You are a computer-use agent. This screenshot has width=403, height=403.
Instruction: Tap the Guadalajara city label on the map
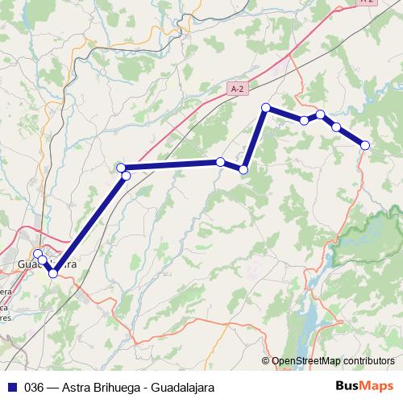click(x=48, y=264)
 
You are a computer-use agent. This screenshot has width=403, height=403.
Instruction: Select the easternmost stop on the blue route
click(x=365, y=145)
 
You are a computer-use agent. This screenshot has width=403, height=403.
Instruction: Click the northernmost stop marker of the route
click(x=265, y=107)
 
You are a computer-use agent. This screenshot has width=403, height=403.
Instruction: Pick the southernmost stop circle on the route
click(x=53, y=274)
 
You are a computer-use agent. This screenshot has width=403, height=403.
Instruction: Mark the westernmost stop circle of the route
click(x=37, y=254)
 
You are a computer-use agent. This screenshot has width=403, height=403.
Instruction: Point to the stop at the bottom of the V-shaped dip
click(x=243, y=168)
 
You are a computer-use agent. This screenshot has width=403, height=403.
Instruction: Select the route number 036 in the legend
click(x=35, y=387)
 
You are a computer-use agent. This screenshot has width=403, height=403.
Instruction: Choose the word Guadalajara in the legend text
click(x=183, y=387)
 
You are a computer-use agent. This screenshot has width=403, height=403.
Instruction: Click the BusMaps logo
click(x=364, y=386)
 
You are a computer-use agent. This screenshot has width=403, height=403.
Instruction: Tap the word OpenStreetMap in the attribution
click(x=306, y=362)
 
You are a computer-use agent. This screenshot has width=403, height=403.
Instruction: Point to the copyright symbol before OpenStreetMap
click(x=267, y=362)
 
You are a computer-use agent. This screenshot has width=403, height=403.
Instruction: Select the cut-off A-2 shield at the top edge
click(x=367, y=2)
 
